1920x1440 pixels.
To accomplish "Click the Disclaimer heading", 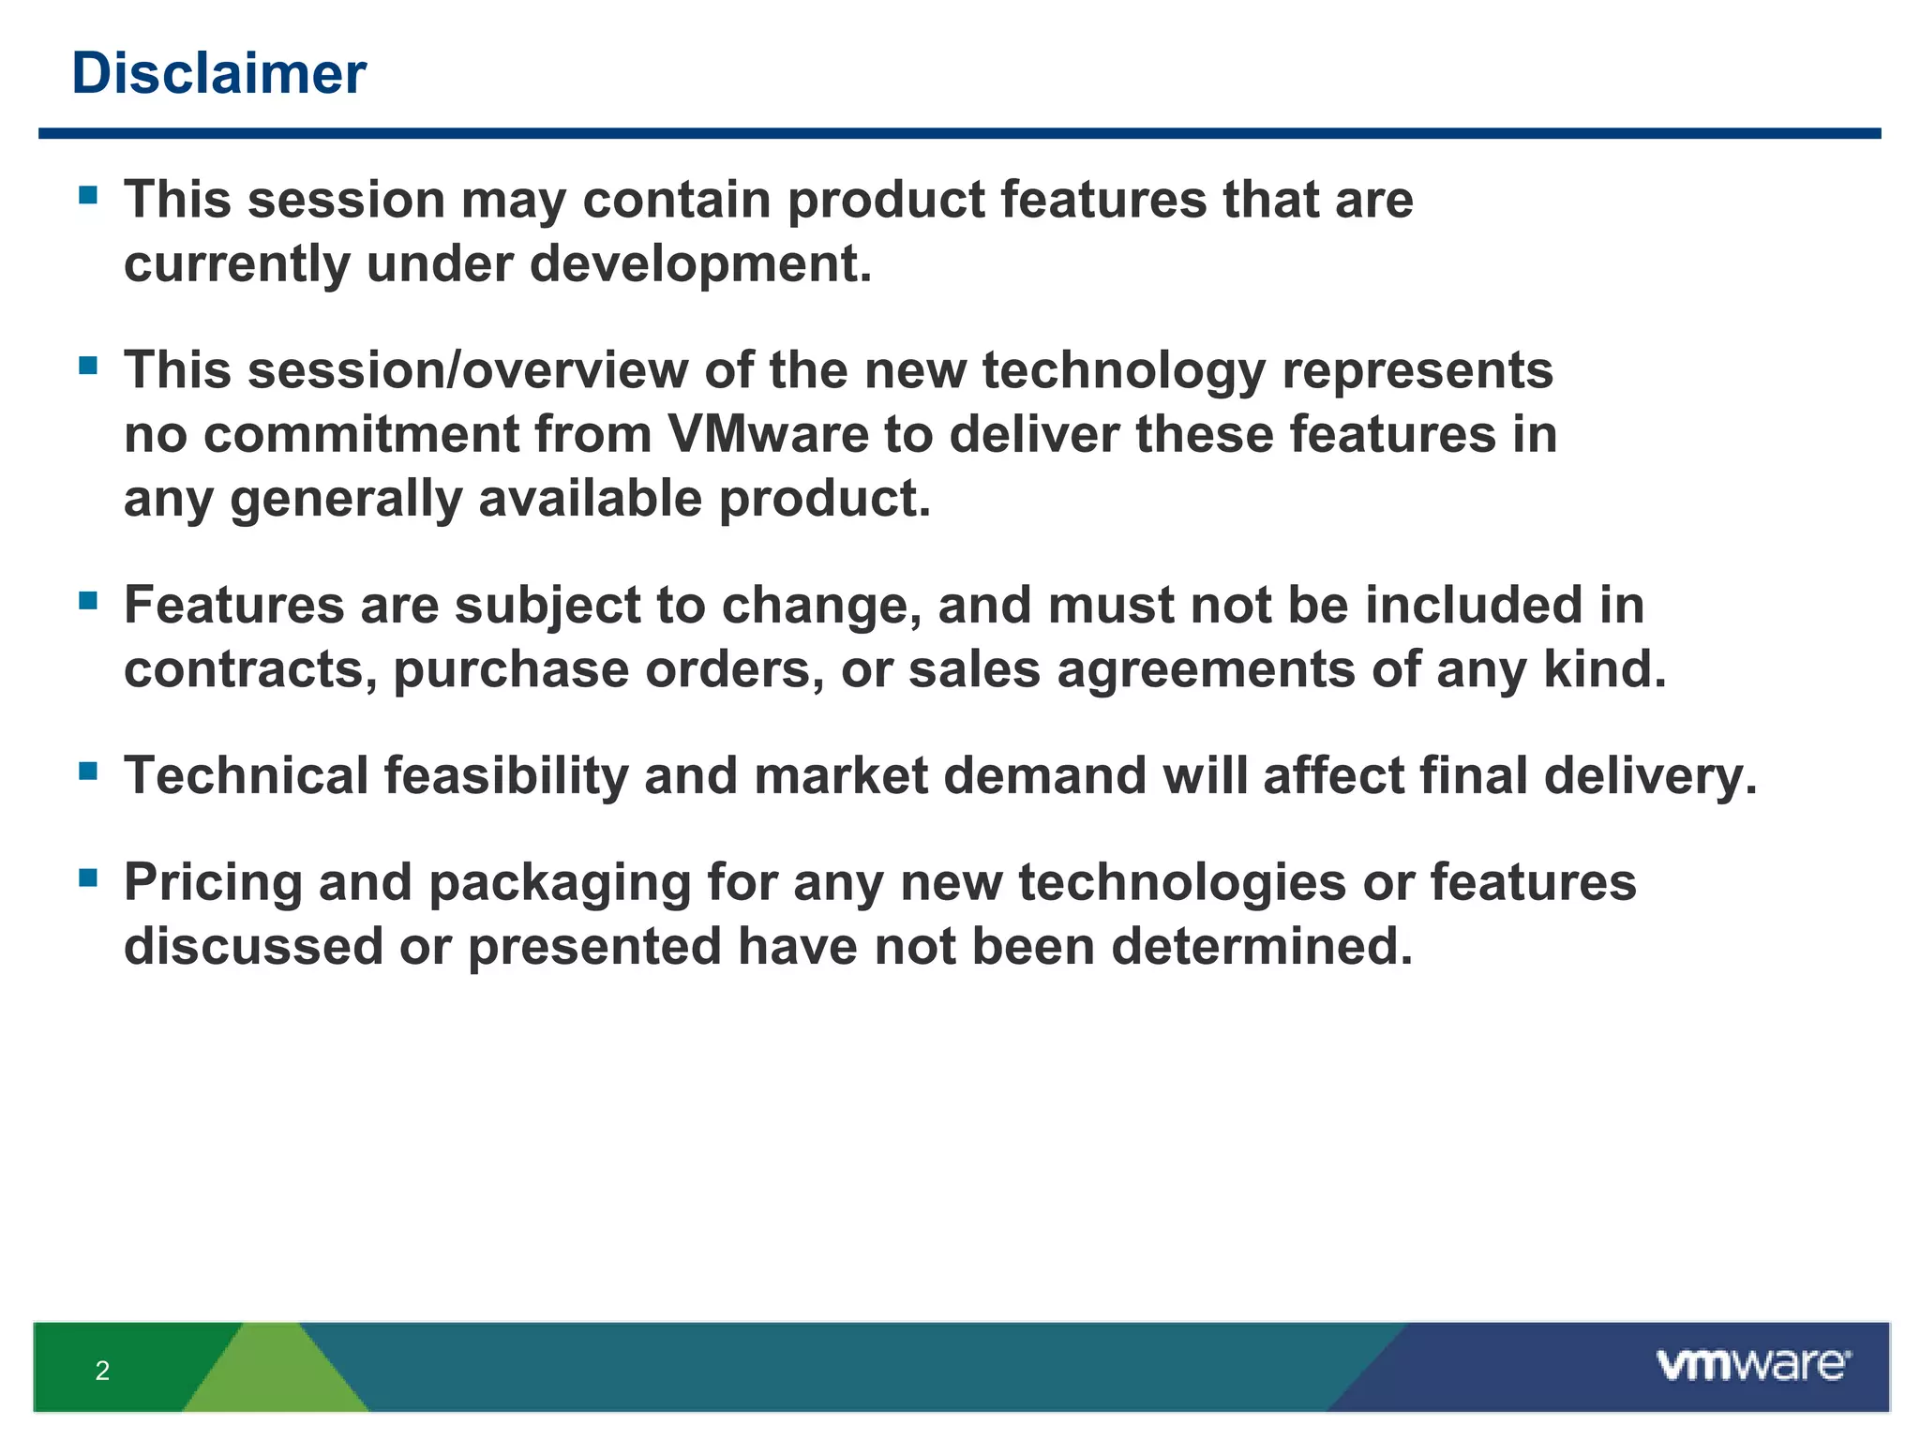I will tap(218, 73).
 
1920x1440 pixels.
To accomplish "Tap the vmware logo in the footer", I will tap(1752, 1365).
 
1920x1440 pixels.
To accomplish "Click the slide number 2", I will tap(102, 1371).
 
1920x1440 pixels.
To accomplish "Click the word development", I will tap(699, 264).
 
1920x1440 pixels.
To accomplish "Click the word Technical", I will tap(247, 776).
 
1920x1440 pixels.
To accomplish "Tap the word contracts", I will tap(250, 669).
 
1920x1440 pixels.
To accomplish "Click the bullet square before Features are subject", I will tap(89, 600).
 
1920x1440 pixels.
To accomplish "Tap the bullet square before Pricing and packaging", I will tap(89, 877).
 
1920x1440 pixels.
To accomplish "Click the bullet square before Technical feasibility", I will tap(89, 771).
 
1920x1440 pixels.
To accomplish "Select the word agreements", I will tap(1206, 671).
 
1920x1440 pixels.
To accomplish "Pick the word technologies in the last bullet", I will tap(1182, 883).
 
